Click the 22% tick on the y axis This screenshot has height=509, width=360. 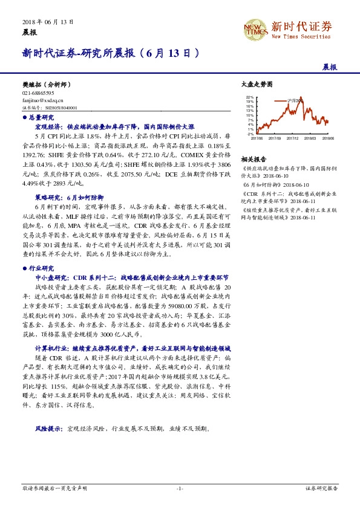click(250, 97)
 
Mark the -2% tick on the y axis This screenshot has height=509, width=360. click(250, 134)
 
